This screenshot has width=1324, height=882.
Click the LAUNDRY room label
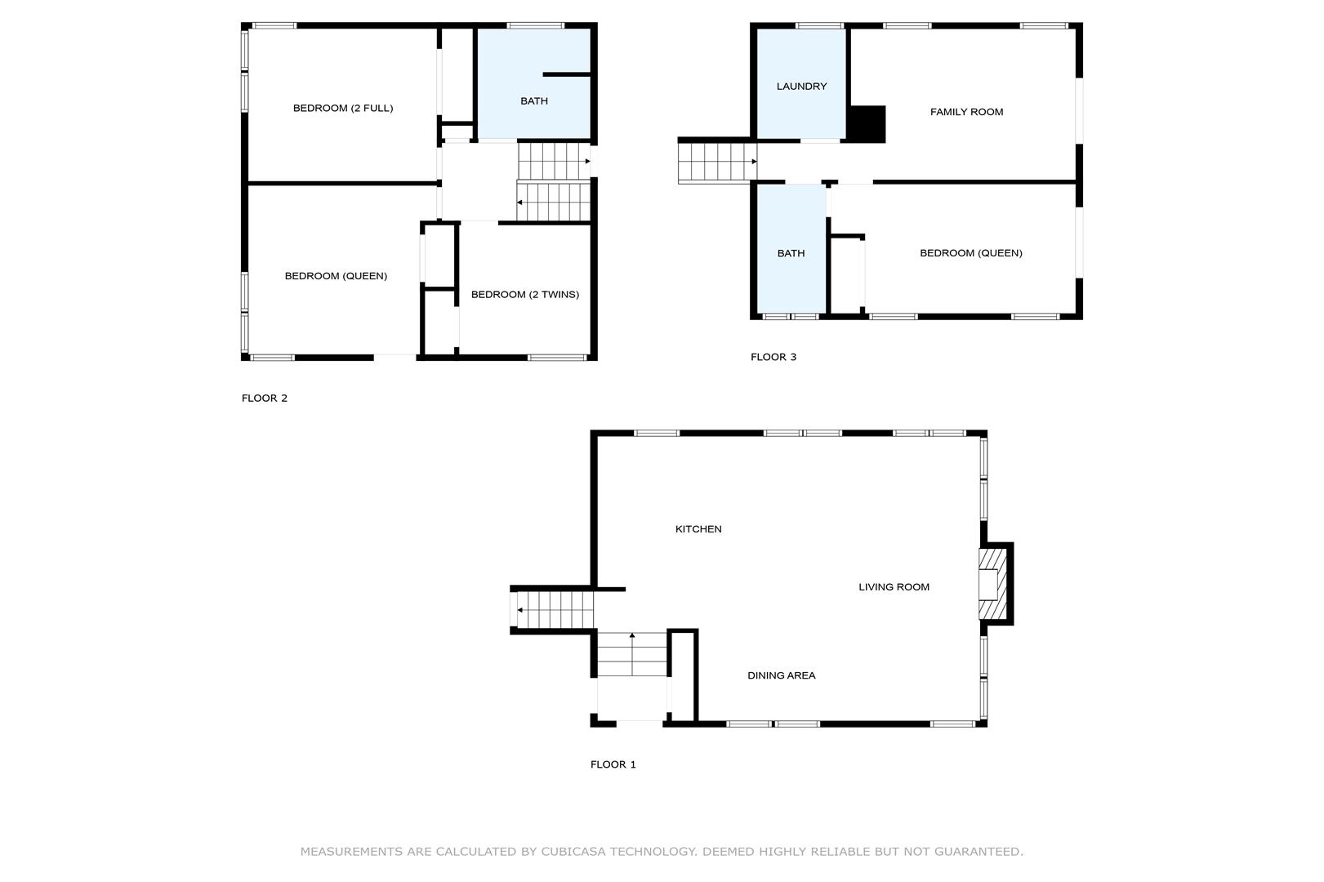pyautogui.click(x=801, y=87)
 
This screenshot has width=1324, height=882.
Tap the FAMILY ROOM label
pyautogui.click(x=966, y=112)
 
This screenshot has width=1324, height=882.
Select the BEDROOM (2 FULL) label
pyautogui.click(x=343, y=108)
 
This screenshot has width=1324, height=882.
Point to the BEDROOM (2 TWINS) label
pyautogui.click(x=525, y=294)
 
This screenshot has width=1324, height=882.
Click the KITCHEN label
pyautogui.click(x=698, y=529)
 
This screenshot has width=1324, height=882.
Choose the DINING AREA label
pyautogui.click(x=782, y=675)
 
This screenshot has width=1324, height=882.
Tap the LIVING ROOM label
pyautogui.click(x=894, y=587)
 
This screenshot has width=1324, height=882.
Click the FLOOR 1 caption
pyautogui.click(x=613, y=764)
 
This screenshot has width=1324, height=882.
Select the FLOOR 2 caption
pyautogui.click(x=264, y=398)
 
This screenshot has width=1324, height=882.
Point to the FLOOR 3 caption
pyautogui.click(x=773, y=357)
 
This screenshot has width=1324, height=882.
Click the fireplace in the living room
pyautogui.click(x=993, y=584)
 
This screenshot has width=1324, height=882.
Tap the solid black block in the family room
pyautogui.click(x=867, y=123)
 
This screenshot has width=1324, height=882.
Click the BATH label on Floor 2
pyautogui.click(x=533, y=101)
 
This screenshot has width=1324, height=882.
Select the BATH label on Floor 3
pyautogui.click(x=791, y=254)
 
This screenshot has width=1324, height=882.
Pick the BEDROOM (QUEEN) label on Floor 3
pyautogui.click(x=970, y=253)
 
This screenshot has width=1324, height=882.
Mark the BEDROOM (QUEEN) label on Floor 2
pyautogui.click(x=336, y=276)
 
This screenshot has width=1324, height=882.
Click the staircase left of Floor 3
pyautogui.click(x=717, y=162)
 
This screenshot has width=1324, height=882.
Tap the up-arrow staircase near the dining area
pyautogui.click(x=632, y=654)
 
